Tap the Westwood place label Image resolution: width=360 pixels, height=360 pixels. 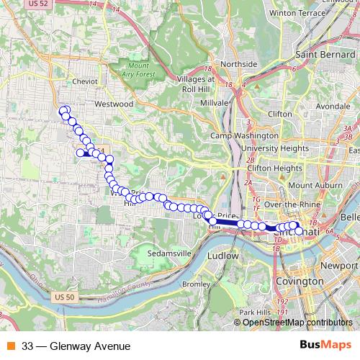tap(114, 104)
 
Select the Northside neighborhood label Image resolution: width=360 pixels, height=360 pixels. tap(238, 64)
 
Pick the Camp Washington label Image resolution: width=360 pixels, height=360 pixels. tap(244, 135)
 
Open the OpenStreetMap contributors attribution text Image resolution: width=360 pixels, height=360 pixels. tap(297, 323)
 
